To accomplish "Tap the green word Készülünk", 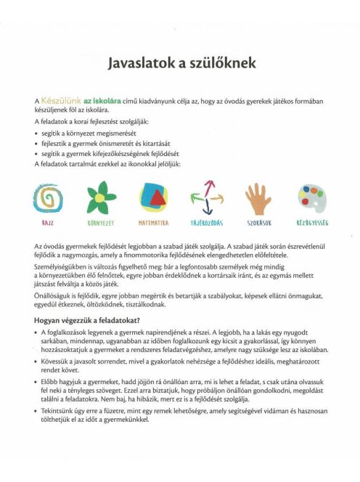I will (x=61, y=98).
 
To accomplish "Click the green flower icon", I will (x=105, y=197).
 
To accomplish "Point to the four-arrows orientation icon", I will (x=205, y=197).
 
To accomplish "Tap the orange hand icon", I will (x=257, y=197).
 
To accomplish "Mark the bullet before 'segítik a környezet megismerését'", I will (x=36, y=134).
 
